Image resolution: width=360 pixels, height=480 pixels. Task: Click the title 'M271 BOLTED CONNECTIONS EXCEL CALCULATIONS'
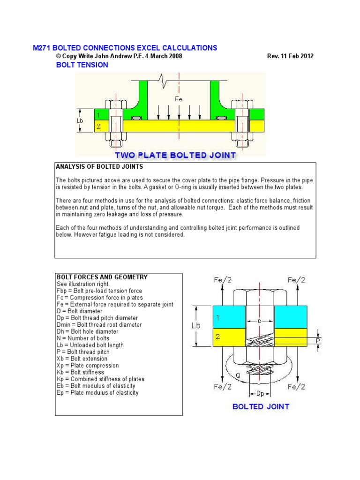coord(125,48)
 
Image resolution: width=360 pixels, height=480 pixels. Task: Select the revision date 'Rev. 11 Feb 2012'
coord(290,56)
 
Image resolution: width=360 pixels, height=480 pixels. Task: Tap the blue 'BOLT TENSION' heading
coord(82,65)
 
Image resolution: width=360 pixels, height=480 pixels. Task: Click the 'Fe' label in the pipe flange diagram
coord(179,99)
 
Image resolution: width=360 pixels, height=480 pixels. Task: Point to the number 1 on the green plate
coord(98,115)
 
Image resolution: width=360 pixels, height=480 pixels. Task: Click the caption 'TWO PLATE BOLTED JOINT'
coord(175,155)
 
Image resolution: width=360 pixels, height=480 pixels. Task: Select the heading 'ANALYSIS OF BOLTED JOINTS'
coord(99,166)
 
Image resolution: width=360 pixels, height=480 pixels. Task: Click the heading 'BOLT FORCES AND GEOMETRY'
coord(102,277)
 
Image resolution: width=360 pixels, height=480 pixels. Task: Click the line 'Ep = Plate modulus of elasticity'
coord(97,392)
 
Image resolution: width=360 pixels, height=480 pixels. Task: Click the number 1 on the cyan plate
coord(217,317)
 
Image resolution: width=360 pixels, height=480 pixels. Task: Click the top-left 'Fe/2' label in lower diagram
coord(222,280)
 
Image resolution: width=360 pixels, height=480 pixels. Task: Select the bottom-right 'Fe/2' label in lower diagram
coord(296,387)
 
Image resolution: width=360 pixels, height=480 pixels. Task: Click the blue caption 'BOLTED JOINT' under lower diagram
coord(261,406)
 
